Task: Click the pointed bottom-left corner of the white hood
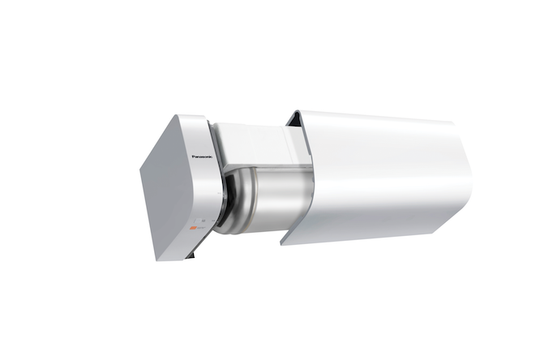click(x=282, y=242)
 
